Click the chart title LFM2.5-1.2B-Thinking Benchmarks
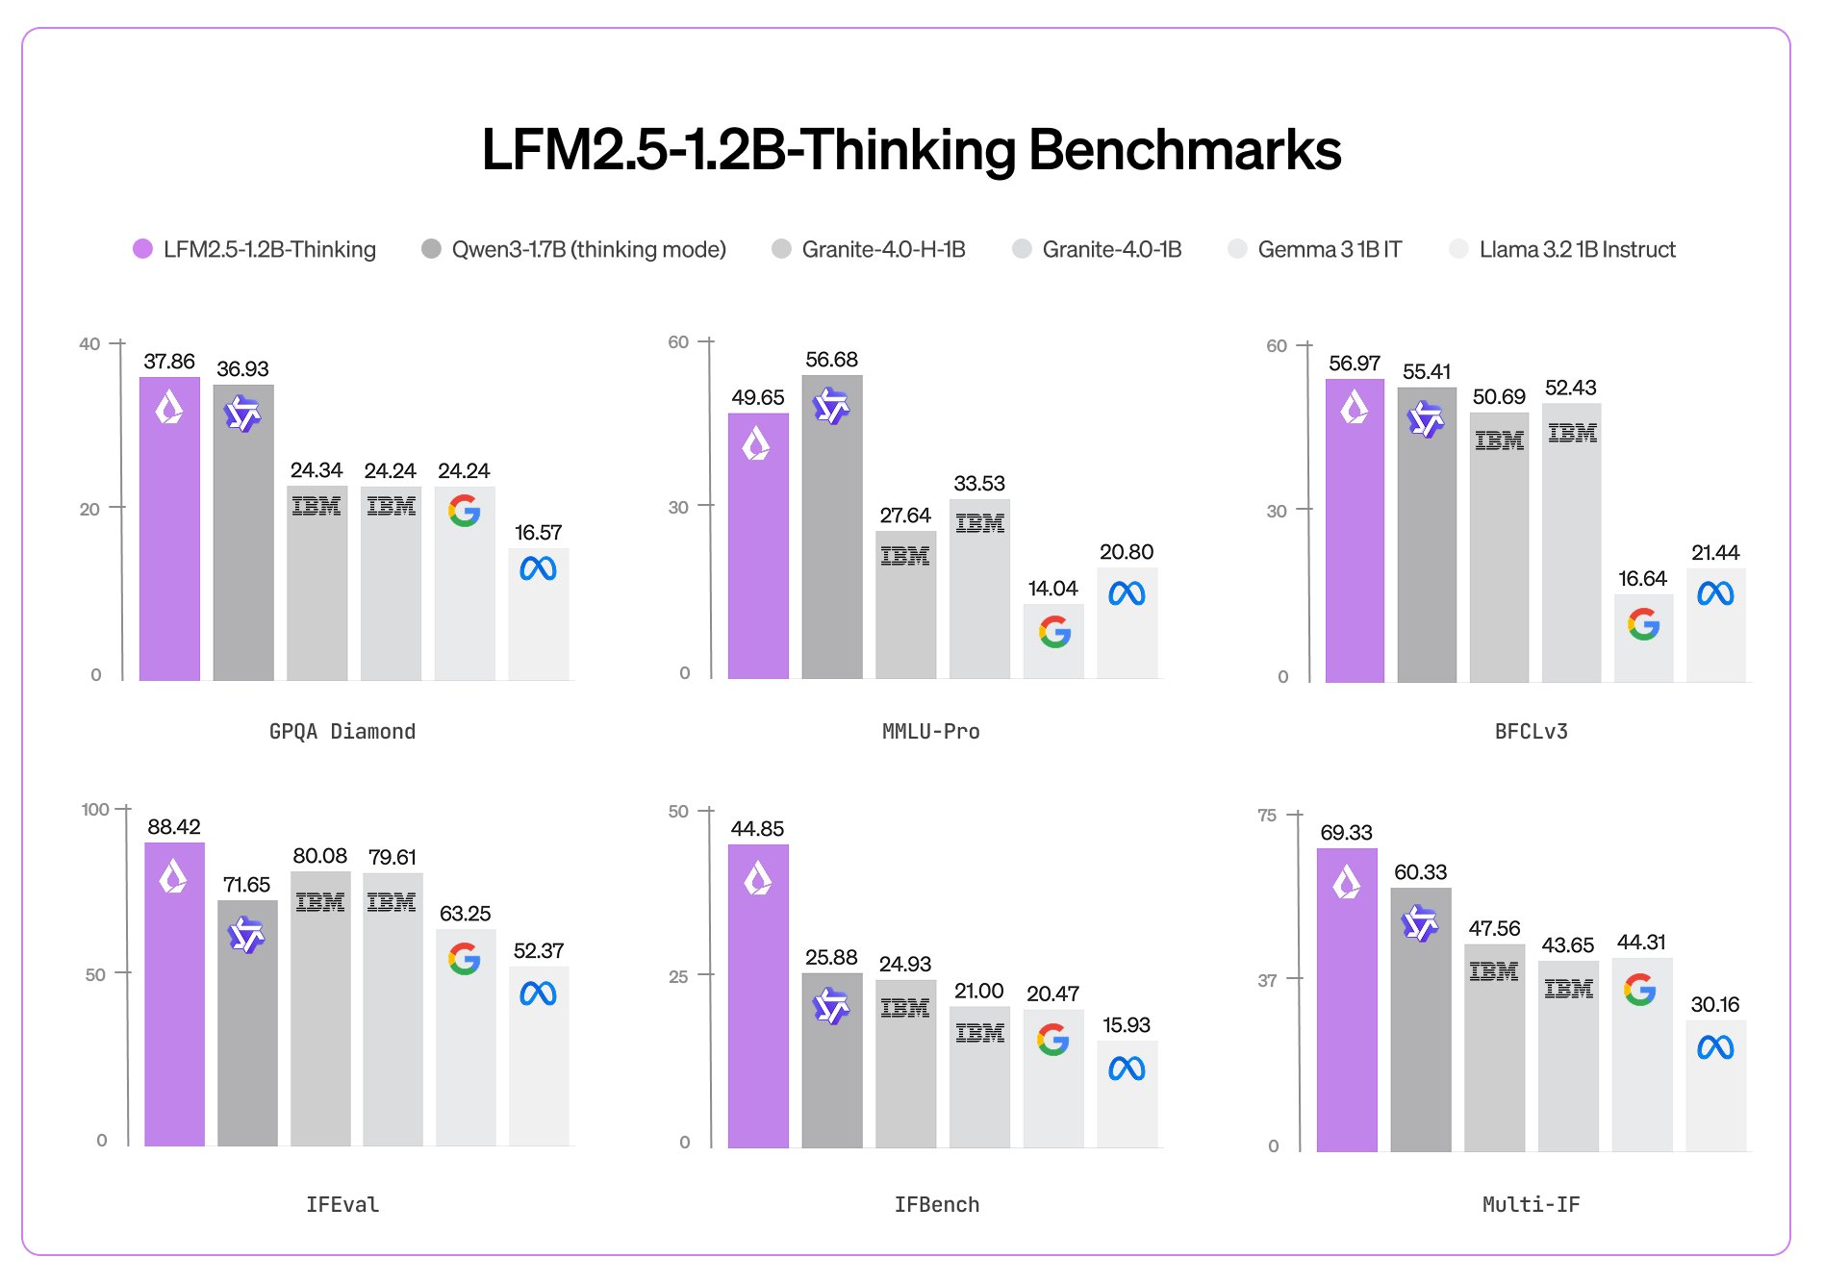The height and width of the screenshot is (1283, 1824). pyautogui.click(x=911, y=150)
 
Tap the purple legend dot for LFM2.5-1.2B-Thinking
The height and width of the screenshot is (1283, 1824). pyautogui.click(x=142, y=249)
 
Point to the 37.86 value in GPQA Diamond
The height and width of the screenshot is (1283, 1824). pyautogui.click(x=169, y=362)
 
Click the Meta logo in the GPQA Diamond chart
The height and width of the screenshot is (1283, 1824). pyautogui.click(x=538, y=569)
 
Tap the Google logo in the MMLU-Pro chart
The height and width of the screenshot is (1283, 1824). pyautogui.click(x=1054, y=632)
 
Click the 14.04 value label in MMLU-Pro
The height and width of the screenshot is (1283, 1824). pyautogui.click(x=1052, y=589)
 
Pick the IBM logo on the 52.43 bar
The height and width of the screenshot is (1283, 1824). pyautogui.click(x=1572, y=434)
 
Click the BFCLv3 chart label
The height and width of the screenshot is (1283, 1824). pyautogui.click(x=1531, y=732)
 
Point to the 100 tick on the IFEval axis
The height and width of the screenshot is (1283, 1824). pyautogui.click(x=95, y=810)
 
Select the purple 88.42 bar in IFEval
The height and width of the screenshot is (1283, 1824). pyautogui.click(x=174, y=1000)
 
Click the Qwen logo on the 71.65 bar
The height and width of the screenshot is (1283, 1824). pyautogui.click(x=246, y=934)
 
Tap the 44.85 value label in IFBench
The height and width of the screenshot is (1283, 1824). pyautogui.click(x=757, y=829)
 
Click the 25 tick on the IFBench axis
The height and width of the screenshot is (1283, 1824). pyautogui.click(x=678, y=977)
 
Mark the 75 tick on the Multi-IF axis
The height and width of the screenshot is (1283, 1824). pyautogui.click(x=1267, y=816)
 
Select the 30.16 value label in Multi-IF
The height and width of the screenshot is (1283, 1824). pyautogui.click(x=1714, y=1005)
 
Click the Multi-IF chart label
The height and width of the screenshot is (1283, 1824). pyautogui.click(x=1531, y=1205)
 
